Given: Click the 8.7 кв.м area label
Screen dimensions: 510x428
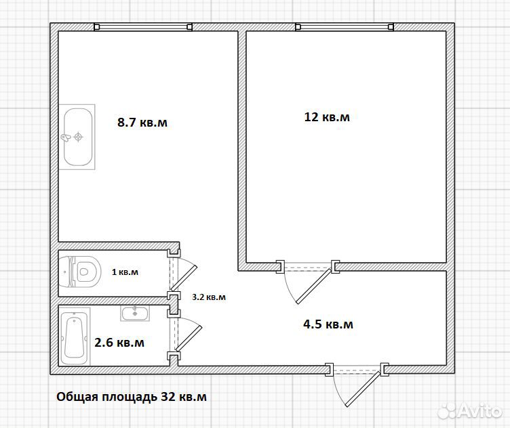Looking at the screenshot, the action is (x=142, y=123).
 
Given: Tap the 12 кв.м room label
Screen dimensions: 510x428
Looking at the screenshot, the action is (x=327, y=117).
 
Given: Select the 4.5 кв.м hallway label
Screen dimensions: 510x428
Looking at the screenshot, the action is (x=328, y=324).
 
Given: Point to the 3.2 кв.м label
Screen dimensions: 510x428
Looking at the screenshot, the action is (x=209, y=297).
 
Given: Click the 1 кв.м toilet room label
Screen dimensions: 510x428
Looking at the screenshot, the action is (x=125, y=272).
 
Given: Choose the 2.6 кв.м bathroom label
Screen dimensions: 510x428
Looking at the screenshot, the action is (x=119, y=343).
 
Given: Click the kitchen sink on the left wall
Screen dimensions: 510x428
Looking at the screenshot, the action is (x=77, y=137).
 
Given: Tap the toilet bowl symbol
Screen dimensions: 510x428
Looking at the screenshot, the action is (x=80, y=272).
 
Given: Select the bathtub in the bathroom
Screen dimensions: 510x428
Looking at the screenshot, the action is (x=75, y=337).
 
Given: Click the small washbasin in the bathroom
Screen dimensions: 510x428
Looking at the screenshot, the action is (x=135, y=314).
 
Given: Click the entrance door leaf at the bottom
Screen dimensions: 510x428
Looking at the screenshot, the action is (x=363, y=389).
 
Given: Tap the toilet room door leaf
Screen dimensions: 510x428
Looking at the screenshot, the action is (x=184, y=278).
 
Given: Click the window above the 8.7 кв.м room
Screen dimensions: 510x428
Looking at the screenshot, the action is (x=143, y=27).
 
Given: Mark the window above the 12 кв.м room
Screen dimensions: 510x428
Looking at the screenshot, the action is (x=345, y=27).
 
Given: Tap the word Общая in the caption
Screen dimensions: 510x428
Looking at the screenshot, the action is (x=77, y=397).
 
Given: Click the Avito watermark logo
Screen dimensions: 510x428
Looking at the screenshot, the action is (x=470, y=411).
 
